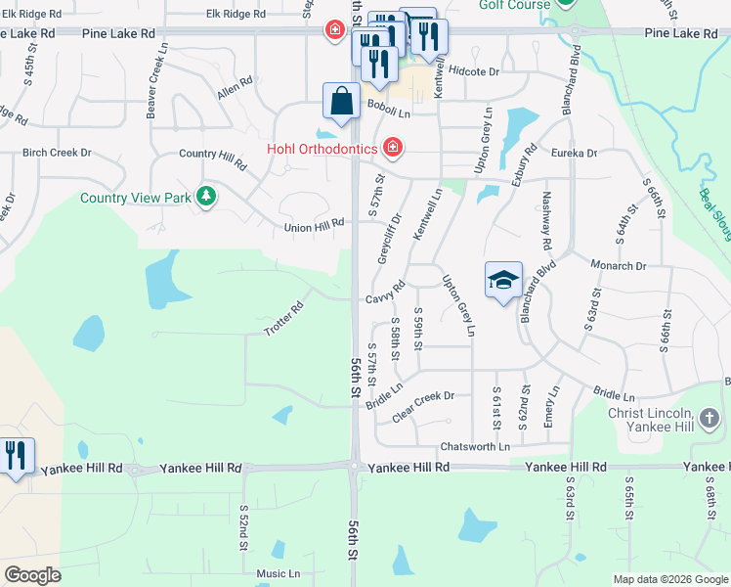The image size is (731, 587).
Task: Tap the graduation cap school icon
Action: click(x=503, y=281)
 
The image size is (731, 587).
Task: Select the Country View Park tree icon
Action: click(x=206, y=197)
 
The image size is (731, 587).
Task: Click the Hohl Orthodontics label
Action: click(x=322, y=148)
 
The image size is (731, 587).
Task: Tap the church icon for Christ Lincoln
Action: click(x=709, y=420)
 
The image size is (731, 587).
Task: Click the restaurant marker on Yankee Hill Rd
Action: click(x=17, y=457)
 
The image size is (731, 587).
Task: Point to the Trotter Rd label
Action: click(x=284, y=318)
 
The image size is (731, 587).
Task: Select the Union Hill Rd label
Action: click(x=315, y=225)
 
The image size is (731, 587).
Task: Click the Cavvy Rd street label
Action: click(x=386, y=293)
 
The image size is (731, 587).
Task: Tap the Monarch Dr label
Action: click(x=619, y=265)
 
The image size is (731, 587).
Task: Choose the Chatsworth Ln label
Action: click(x=475, y=446)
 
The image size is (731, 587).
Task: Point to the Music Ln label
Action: click(x=279, y=573)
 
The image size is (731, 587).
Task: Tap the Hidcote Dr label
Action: click(x=474, y=71)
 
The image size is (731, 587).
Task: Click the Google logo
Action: click(x=33, y=574)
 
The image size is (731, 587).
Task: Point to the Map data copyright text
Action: click(x=669, y=579)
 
